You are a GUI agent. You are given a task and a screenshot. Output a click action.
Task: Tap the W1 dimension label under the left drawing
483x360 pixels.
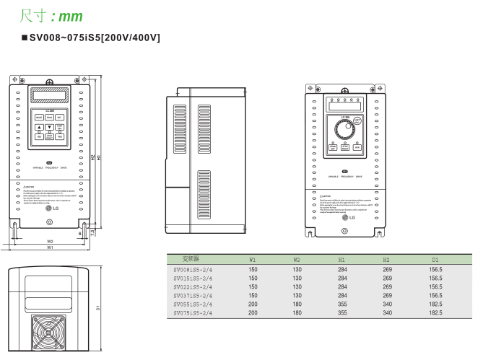(50, 247)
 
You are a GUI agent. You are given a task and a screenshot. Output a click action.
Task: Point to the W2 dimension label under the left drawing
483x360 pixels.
(50, 241)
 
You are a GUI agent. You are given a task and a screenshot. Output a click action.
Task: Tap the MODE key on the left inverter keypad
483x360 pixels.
(38, 116)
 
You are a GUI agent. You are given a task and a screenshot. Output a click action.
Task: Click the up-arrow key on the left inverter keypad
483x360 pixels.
(39, 127)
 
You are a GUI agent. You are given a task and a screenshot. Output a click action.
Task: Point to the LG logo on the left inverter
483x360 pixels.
(50, 208)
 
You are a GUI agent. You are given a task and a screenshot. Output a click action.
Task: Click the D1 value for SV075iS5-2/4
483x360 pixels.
(435, 313)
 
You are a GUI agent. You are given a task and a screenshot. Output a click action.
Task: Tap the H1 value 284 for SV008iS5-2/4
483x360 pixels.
(343, 268)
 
